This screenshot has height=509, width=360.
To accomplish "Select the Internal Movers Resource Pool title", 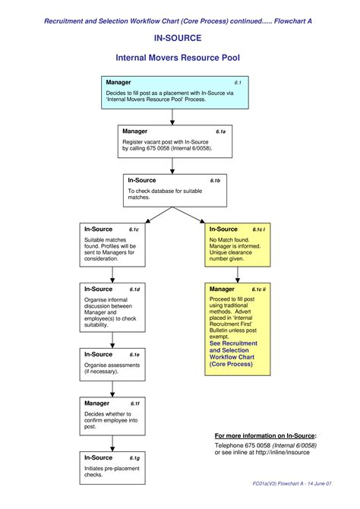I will [x=179, y=58].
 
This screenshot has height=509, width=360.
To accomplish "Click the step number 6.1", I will [x=238, y=83].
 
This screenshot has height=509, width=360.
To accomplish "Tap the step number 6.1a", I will [x=220, y=131].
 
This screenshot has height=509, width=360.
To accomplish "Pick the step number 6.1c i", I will [x=258, y=229].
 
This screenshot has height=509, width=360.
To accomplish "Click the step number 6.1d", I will [x=134, y=289].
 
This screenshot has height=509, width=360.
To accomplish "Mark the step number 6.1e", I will [x=134, y=355].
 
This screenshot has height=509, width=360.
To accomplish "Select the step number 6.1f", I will [x=134, y=403].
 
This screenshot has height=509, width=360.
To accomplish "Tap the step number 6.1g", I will [x=134, y=458].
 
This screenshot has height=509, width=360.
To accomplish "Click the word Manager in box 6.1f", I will [x=96, y=403].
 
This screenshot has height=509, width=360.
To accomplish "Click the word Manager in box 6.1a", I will [x=135, y=131].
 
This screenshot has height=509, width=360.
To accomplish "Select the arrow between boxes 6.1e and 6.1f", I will [x=113, y=388].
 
